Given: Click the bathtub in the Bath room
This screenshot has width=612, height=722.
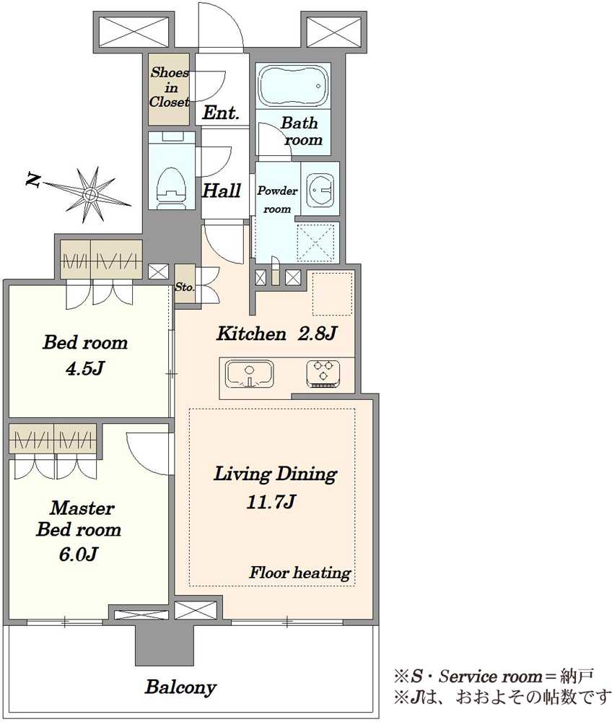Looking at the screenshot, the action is coord(293,86).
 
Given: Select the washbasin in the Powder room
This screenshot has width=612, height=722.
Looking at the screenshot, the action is coord(320,188).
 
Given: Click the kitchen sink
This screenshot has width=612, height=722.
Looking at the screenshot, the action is coord(250,373).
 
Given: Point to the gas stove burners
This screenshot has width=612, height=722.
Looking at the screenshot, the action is coord(323,373).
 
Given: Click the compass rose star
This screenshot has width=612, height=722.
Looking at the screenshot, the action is coord(89,195).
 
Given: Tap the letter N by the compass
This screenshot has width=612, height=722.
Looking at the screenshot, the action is coord(32,180).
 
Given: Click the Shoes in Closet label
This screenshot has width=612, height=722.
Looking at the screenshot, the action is coord(170,87).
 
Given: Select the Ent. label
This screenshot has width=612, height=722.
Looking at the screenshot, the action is coord(221,113).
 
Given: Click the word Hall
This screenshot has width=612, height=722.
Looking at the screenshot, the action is coord(222,191).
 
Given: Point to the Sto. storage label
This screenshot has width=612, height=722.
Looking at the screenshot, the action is coord(185,287).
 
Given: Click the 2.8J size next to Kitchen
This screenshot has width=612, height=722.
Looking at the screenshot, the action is coord(317,334).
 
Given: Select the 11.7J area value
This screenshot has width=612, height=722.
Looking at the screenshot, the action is coord(271,502).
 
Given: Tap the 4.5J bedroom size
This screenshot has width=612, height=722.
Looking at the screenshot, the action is coord(85,368).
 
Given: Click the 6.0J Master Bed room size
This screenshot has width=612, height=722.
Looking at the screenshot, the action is coord(78,554).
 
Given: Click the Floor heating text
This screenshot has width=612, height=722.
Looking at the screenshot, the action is coord(300,573).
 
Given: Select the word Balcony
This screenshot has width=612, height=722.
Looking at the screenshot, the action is coord(180,687).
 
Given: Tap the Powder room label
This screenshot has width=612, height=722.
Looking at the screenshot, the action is coord(277,199).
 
